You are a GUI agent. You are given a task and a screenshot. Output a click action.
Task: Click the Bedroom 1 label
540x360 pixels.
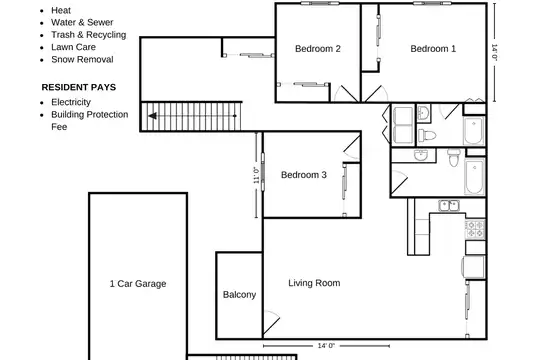coord(433,49)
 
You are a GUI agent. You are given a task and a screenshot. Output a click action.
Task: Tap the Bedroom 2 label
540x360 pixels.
coord(318,49)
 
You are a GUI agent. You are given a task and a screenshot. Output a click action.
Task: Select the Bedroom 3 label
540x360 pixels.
coord(304,175)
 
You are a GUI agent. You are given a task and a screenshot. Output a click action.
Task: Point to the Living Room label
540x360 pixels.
coord(314,283)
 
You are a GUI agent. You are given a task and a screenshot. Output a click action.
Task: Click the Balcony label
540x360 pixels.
coord(239,295)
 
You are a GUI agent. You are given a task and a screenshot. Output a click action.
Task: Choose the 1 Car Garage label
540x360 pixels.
coord(138,284)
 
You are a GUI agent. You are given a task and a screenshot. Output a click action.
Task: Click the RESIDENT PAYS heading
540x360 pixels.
coord(79,87)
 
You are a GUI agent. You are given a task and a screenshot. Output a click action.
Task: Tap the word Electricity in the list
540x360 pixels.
coord(71,102)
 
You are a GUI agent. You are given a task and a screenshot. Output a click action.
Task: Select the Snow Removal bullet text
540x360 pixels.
coord(82,60)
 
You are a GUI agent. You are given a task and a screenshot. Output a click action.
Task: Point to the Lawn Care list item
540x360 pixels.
coord(73,47)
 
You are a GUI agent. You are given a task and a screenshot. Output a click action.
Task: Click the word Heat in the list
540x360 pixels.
coord(61,10)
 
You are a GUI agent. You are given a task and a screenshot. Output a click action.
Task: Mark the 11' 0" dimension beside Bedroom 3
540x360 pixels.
coord(256,175)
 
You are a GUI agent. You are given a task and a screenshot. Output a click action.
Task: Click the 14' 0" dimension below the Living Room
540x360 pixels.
coord(326,346)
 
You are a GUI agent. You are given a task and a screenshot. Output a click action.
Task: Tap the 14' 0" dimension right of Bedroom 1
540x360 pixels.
coord(494,52)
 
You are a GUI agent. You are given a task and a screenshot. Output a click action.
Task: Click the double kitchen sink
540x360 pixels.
coord(449,206)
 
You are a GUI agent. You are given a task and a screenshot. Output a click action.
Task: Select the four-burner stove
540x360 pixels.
coord(475,229)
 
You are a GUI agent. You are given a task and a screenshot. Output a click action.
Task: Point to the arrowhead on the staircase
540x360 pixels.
coord(153,116)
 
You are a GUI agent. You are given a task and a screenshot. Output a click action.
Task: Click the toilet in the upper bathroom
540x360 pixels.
coord(427,135)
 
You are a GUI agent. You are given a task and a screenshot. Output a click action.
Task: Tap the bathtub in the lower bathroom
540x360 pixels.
coord(475,177)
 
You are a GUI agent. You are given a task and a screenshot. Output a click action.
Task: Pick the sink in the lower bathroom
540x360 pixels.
coord(420,156)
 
